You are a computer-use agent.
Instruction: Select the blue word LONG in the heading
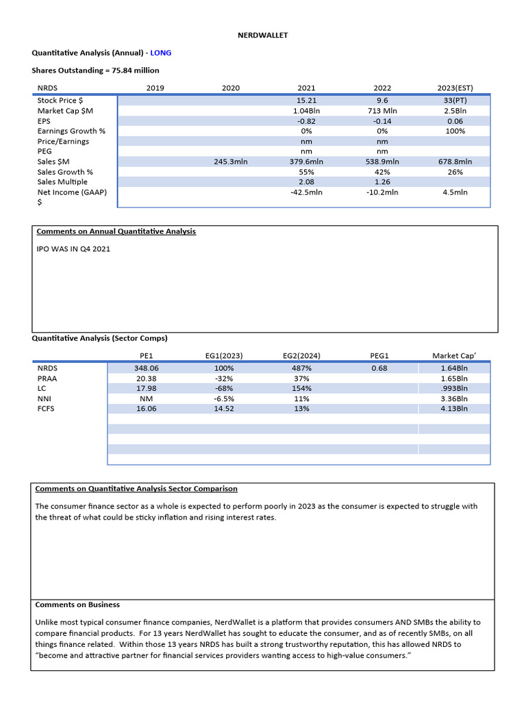point(161,52)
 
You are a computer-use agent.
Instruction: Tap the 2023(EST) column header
point(455,88)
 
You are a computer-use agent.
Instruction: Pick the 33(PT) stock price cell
point(455,100)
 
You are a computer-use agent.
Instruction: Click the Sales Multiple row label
point(62,182)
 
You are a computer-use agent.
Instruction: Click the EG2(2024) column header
point(301,356)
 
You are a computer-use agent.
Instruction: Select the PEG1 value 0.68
point(379,368)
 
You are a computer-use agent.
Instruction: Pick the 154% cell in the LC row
point(301,388)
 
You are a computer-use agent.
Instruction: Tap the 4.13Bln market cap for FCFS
point(454,409)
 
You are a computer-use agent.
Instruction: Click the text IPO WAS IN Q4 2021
point(73,248)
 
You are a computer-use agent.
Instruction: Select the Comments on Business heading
point(77,604)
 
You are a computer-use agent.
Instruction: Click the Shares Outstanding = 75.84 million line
point(95,70)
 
